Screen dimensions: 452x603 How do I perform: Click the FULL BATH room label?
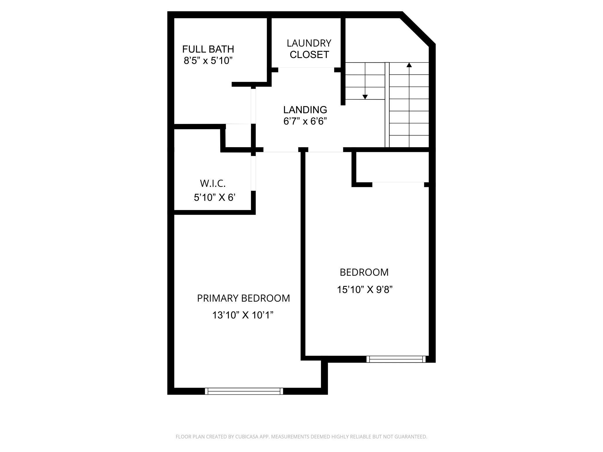[x=208, y=49]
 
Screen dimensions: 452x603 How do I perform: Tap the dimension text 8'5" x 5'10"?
[x=208, y=61]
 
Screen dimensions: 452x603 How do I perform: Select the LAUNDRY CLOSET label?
[x=309, y=49]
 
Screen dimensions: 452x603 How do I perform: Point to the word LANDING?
[x=305, y=110]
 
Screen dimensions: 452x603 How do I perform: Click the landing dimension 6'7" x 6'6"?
[x=305, y=121]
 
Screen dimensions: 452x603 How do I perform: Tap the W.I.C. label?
[x=212, y=183]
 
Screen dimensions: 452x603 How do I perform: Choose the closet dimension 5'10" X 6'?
[x=214, y=198]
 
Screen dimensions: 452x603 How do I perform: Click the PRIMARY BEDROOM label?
[x=243, y=298]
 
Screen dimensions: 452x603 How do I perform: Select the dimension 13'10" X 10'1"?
[x=243, y=315]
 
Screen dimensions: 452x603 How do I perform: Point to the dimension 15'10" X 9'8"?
[x=364, y=289]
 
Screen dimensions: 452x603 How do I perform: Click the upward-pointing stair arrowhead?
[x=409, y=65]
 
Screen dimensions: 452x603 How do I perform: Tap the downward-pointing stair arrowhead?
[x=365, y=97]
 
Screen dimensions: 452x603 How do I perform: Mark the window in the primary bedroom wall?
[x=244, y=391]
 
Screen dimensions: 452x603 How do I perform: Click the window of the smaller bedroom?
[x=396, y=359]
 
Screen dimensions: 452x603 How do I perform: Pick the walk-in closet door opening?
[x=253, y=173]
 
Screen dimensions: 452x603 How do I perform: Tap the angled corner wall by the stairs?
[x=417, y=29]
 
